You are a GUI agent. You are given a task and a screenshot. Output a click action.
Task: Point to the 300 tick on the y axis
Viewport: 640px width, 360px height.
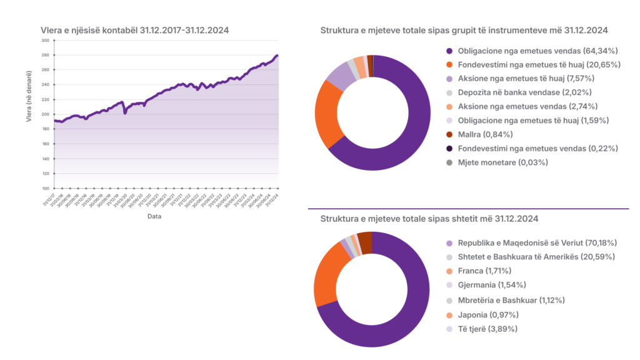(45, 41)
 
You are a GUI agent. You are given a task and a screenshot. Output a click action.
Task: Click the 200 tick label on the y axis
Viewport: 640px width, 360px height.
(45, 114)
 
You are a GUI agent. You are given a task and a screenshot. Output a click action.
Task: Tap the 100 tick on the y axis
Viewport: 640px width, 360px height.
(45, 188)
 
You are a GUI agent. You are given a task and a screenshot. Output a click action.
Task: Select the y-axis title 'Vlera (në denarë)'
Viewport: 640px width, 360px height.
(29, 114)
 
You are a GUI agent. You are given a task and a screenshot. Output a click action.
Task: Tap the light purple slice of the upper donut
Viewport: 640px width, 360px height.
(341, 77)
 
